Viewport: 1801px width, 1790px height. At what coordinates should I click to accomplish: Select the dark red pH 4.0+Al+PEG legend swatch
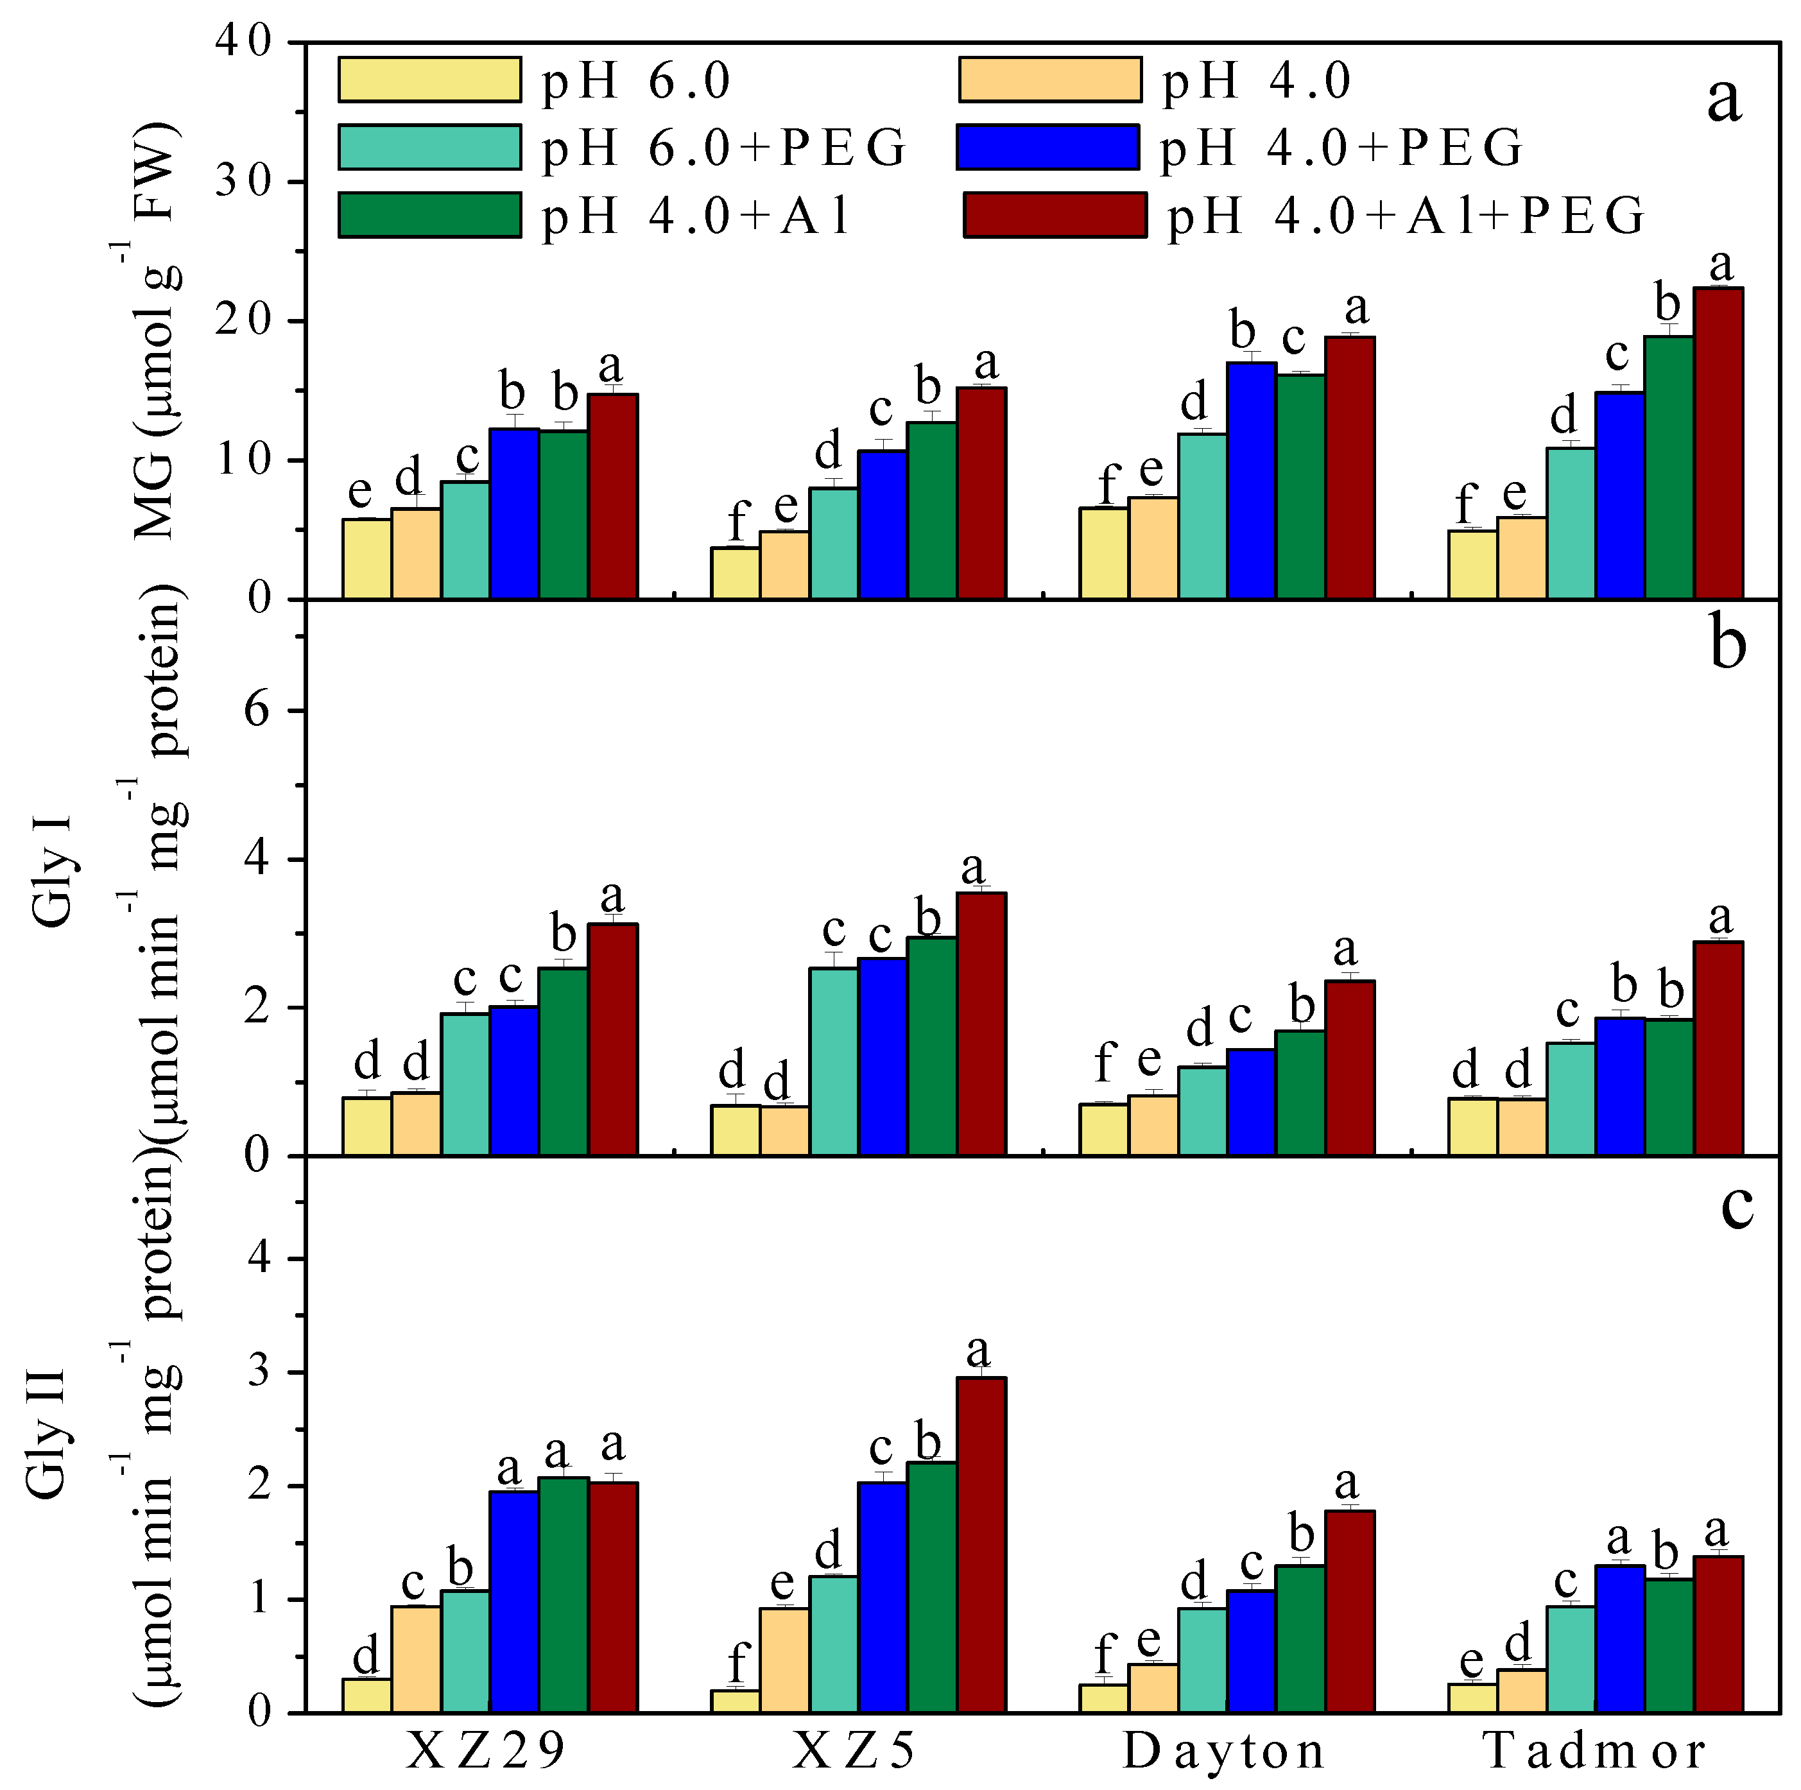point(1055,216)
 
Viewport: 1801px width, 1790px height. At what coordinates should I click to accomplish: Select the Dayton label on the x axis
point(1225,1751)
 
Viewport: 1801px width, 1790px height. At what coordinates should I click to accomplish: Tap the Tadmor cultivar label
point(1595,1751)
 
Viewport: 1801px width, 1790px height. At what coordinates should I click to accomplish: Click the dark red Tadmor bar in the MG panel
point(1718,443)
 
